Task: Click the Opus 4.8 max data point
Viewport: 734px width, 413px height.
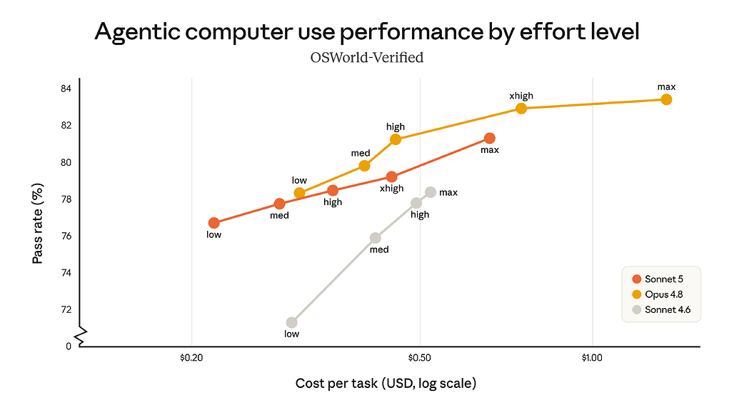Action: tap(666, 99)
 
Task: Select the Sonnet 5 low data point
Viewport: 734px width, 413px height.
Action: tap(214, 223)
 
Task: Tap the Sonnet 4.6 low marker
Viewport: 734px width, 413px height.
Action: tap(291, 323)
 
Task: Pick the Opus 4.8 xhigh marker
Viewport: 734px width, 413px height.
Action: tap(521, 109)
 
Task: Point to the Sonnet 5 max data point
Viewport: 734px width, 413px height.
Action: tap(490, 138)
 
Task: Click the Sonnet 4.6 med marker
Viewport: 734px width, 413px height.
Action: tap(376, 239)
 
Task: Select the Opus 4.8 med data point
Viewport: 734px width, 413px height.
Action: tap(364, 166)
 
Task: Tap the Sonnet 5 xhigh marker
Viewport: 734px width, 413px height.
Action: tap(392, 176)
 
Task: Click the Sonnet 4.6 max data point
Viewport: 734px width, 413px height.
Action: tap(431, 192)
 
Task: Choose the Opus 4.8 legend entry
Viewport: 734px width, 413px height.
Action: tap(658, 294)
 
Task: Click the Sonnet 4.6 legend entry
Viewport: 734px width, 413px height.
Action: tap(661, 309)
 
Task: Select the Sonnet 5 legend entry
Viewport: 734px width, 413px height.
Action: tap(658, 279)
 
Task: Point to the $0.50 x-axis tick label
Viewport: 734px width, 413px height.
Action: tap(420, 358)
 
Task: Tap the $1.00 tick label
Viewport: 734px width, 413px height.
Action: tap(592, 358)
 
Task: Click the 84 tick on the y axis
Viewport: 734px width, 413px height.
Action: tap(66, 89)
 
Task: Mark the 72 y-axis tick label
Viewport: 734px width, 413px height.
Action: tap(66, 309)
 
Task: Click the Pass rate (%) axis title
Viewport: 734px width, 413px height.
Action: tap(38, 224)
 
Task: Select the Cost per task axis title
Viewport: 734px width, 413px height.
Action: tap(386, 384)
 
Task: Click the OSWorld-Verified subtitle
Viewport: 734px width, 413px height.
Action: tap(367, 58)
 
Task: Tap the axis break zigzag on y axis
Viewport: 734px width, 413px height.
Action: tap(81, 337)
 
